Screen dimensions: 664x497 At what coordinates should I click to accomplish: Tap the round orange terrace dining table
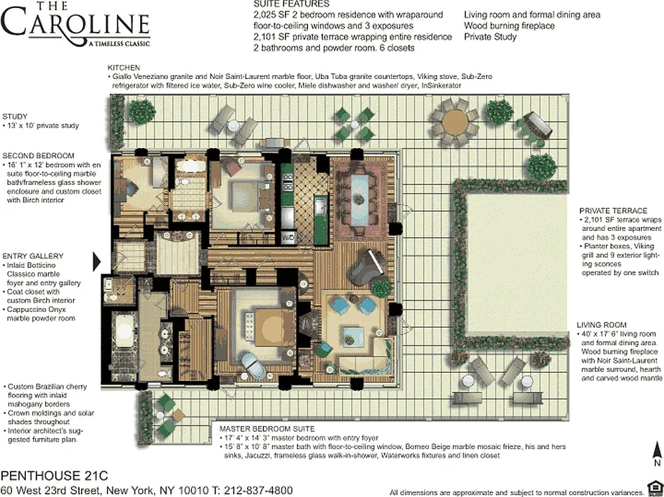(455, 122)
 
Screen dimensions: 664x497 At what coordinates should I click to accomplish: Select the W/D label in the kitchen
(288, 237)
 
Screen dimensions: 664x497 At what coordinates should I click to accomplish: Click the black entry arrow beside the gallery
(96, 261)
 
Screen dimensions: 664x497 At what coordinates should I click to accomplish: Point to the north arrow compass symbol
(657, 453)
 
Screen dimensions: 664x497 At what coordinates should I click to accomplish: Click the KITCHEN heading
(124, 68)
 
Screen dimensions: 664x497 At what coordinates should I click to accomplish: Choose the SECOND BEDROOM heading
(38, 156)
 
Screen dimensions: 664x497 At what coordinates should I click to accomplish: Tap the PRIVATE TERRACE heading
(613, 211)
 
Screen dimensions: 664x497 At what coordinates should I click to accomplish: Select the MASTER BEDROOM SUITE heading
(267, 429)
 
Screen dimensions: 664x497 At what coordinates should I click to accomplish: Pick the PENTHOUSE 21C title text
(54, 476)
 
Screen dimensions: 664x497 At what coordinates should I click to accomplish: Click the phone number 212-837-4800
(258, 490)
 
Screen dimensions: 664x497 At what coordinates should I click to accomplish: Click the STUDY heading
(15, 116)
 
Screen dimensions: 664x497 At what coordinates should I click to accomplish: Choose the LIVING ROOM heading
(602, 325)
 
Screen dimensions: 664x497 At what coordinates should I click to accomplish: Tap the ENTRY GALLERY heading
(33, 256)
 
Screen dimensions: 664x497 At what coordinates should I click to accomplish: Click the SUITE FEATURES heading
(291, 4)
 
